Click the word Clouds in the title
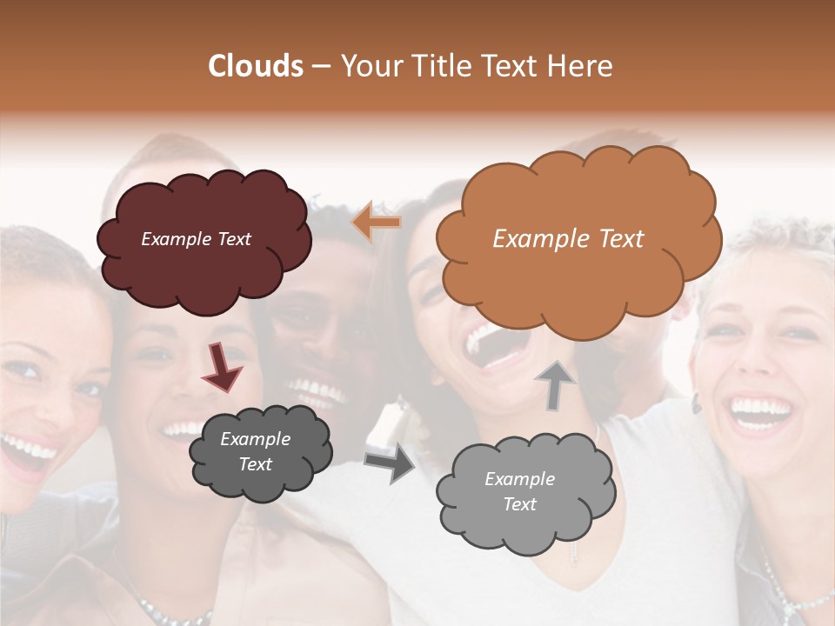click(x=256, y=65)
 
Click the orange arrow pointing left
click(x=377, y=223)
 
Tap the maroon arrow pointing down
click(x=222, y=366)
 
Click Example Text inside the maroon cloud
click(x=196, y=239)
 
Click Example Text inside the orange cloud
click(x=568, y=239)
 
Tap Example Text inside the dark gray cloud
click(x=255, y=451)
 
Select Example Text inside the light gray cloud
click(x=519, y=491)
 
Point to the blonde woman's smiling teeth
click(x=758, y=408)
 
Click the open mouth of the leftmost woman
click(x=26, y=454)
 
